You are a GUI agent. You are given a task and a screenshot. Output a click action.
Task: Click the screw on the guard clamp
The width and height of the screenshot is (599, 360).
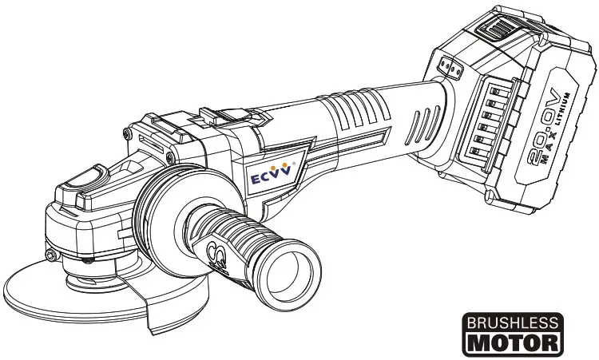coord(51,255)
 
